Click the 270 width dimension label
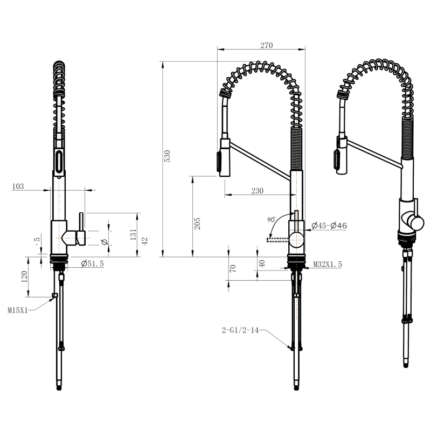coord(266,45)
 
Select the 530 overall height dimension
coord(167,156)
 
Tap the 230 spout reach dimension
coord(258,191)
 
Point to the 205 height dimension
coord(197,224)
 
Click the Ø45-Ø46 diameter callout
coord(329,226)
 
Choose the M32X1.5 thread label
coord(328,265)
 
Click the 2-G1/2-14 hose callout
coord(240,330)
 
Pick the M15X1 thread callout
coord(18,311)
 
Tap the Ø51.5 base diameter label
coord(93,263)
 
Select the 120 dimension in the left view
coord(24,277)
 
